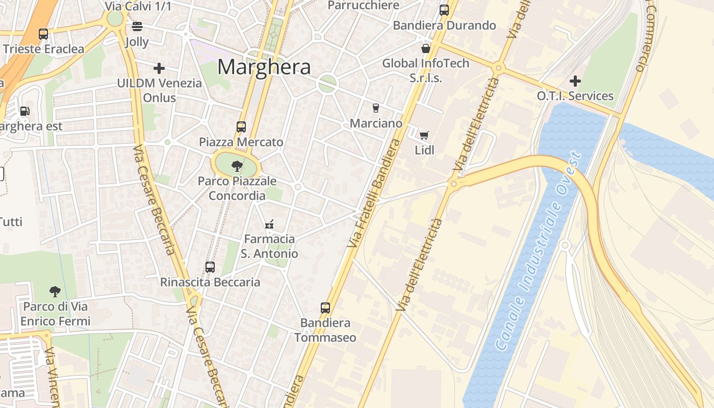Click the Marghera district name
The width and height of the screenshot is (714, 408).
point(264,67)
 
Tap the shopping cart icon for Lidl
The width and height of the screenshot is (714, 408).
point(424,135)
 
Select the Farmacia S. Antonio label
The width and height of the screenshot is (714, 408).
point(269,246)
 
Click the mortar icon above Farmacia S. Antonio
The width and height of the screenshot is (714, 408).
point(269,224)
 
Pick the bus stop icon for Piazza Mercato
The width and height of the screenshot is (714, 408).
point(241,127)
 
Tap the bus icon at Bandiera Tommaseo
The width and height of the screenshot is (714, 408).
point(325,308)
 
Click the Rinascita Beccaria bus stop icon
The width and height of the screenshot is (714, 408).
point(210,267)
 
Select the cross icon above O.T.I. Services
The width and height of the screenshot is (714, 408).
point(575,81)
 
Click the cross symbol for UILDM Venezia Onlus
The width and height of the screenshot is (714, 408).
point(159,68)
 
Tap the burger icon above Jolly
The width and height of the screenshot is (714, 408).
point(137,27)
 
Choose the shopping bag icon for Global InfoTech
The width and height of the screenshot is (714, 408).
point(426,48)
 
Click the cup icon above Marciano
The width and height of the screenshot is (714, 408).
point(376,108)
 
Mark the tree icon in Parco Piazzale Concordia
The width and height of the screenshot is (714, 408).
point(237,165)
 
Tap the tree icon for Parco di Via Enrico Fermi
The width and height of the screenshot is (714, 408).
point(55,292)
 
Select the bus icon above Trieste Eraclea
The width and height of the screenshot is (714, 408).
point(43,34)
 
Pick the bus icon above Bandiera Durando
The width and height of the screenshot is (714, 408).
point(444,10)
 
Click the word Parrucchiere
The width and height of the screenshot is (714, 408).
point(364,5)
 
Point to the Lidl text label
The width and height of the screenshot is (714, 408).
point(424,150)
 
